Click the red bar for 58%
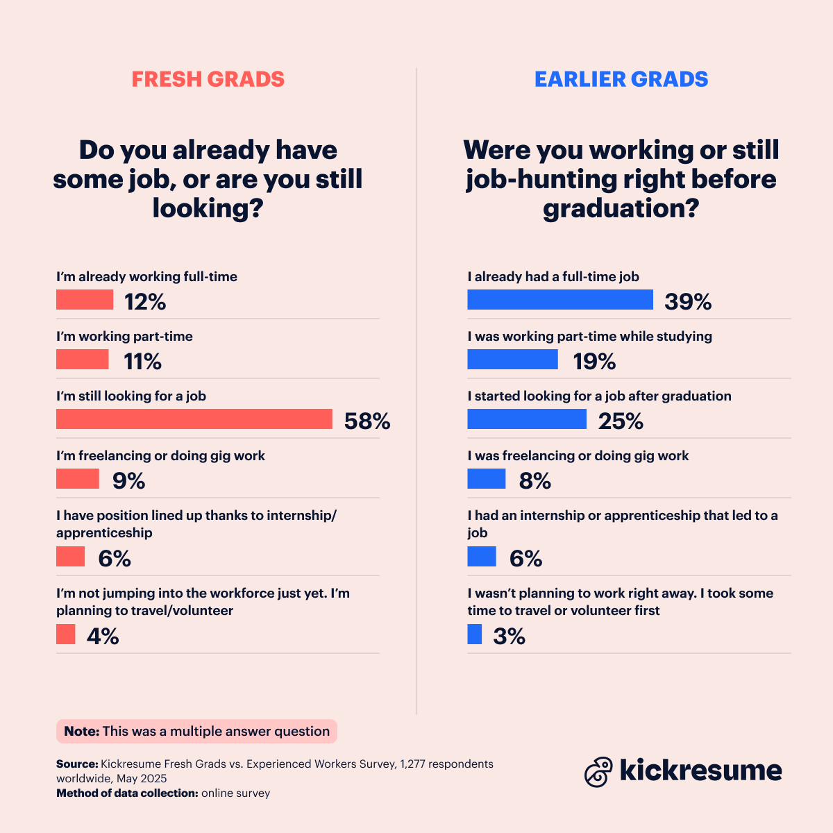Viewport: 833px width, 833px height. coord(194,419)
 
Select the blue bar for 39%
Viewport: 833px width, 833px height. coord(560,300)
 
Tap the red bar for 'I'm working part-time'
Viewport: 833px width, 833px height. coord(83,360)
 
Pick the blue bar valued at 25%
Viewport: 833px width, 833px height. coord(527,419)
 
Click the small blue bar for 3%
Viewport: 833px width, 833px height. coord(475,634)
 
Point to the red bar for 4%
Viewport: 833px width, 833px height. coord(66,634)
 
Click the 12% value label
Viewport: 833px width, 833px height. coord(145,302)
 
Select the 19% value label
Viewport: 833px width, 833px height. coord(594,362)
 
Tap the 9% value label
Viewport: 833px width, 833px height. coord(128,481)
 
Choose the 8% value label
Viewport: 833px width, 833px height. coord(535,481)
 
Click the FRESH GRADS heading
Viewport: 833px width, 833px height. coord(208,79)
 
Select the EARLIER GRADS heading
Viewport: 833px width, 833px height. coord(621,79)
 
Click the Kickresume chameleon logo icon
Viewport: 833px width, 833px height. coord(598,771)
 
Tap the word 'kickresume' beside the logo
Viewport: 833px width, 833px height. coord(700,771)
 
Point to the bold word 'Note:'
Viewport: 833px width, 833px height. coord(82,731)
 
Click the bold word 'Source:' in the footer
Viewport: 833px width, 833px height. coord(77,764)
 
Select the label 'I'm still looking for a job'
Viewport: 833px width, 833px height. coord(131,396)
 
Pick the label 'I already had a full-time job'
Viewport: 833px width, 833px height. coord(553,276)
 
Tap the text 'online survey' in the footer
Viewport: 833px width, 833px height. coord(235,793)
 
